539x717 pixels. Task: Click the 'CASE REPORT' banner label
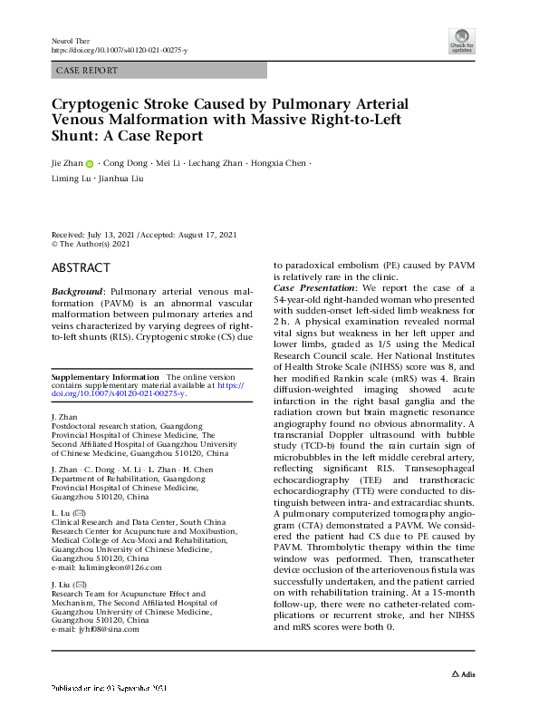86,70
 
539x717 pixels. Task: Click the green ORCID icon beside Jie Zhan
90,164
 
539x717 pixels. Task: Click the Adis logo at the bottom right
464,675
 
